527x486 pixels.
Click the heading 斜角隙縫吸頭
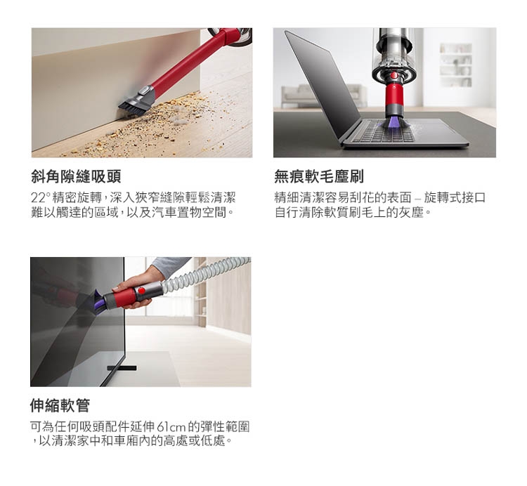coord(76,177)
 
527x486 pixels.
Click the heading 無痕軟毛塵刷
coord(319,177)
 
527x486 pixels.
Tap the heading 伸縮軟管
coord(60,405)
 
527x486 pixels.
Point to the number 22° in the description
coord(40,197)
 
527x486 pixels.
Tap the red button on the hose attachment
coord(141,291)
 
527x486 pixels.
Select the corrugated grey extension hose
coord(205,271)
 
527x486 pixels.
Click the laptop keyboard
coord(383,132)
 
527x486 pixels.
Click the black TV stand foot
coord(122,368)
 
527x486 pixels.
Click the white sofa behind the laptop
coord(323,96)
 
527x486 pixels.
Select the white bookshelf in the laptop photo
coord(456,65)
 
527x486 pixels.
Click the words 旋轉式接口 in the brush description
coord(455,197)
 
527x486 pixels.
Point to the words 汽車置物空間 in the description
coord(190,212)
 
